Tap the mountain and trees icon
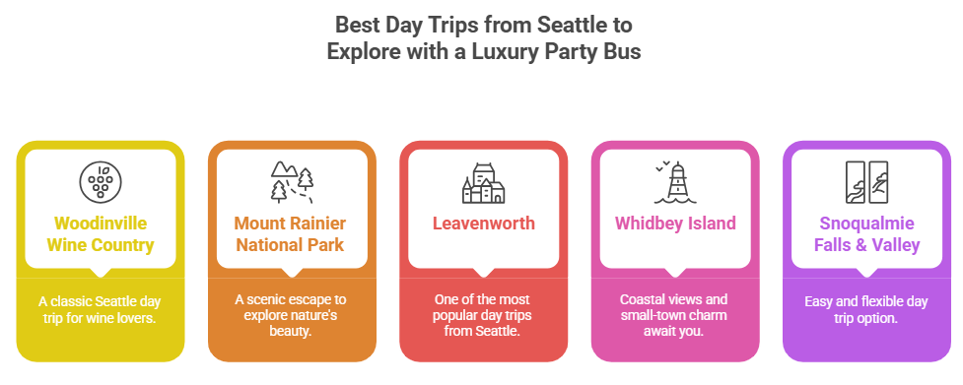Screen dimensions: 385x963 [x=291, y=181]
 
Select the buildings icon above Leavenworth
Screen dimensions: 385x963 [x=483, y=183]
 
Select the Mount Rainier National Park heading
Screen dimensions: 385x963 [x=291, y=234]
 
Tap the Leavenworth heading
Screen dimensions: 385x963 [x=483, y=223]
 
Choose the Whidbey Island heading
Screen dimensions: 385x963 [x=675, y=223]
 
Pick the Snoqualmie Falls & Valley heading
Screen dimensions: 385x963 [x=866, y=234]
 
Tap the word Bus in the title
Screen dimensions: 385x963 [x=620, y=51]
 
